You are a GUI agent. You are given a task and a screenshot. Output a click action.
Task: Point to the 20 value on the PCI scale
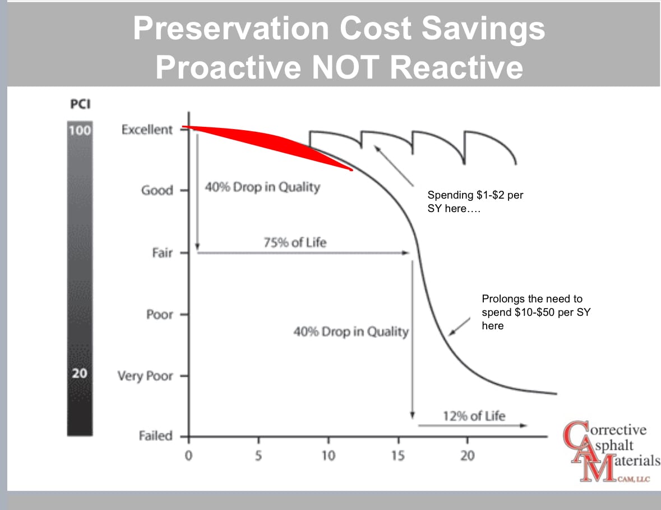coord(80,372)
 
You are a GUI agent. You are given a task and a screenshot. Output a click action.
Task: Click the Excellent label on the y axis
coord(147,130)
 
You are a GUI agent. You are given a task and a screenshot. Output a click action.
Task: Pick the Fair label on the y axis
coord(162,253)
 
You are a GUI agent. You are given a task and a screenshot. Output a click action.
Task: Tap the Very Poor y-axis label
coord(145,375)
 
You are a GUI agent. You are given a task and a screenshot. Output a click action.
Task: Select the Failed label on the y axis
coord(155,436)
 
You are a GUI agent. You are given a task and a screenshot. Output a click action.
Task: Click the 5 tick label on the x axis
coord(258,456)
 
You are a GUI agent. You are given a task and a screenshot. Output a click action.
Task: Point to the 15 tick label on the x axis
coord(397,456)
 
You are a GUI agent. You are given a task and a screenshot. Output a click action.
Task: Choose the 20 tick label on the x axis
coord(467,456)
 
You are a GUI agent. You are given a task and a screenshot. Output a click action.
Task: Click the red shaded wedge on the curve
coord(269,140)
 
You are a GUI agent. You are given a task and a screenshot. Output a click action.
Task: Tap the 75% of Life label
coord(294,243)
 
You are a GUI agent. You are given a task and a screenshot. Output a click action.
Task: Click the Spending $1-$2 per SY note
coord(475,201)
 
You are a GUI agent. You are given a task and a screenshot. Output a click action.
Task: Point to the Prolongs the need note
coord(535,313)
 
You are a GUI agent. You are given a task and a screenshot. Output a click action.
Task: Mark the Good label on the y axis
coord(157,190)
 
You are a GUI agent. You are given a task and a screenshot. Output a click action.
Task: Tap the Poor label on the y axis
coord(159,314)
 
